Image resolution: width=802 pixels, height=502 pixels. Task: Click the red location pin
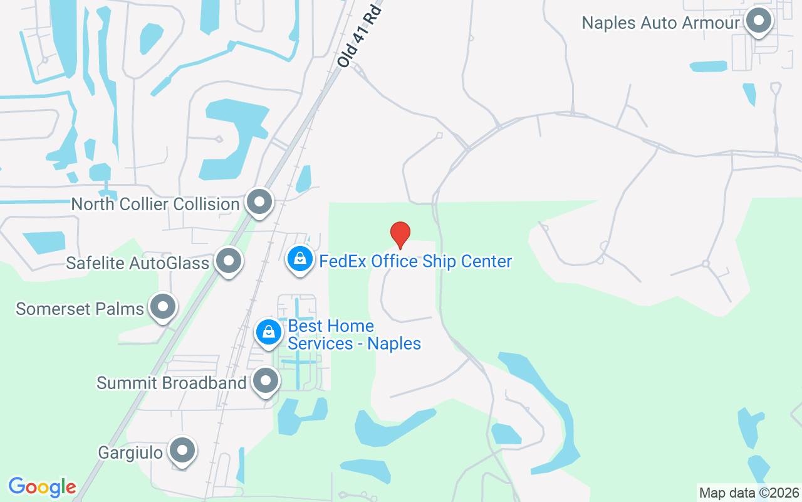(400, 235)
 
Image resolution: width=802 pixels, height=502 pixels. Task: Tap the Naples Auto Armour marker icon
(759, 21)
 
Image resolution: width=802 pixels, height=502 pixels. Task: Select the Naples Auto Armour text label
(661, 23)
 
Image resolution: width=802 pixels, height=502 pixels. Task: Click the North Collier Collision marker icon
(259, 202)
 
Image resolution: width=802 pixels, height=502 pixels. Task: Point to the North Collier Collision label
(155, 204)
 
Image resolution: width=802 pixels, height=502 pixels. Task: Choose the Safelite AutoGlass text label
(137, 263)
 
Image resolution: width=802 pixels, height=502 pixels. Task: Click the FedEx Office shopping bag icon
(300, 259)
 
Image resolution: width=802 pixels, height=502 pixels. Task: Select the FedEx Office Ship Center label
(415, 261)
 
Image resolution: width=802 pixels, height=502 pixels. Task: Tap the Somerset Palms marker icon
(164, 307)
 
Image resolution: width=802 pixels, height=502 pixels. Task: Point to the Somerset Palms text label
(80, 309)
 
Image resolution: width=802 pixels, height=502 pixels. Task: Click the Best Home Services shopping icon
(269, 332)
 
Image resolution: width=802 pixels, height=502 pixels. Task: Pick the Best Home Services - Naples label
(354, 335)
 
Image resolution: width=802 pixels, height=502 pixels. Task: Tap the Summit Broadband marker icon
(266, 380)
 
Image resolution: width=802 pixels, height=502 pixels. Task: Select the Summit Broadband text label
(171, 383)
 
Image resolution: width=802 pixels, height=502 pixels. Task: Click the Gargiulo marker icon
(182, 450)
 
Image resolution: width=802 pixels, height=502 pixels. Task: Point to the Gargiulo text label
(130, 452)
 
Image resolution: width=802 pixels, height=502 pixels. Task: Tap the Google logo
(42, 487)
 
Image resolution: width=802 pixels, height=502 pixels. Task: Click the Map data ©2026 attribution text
(749, 493)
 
